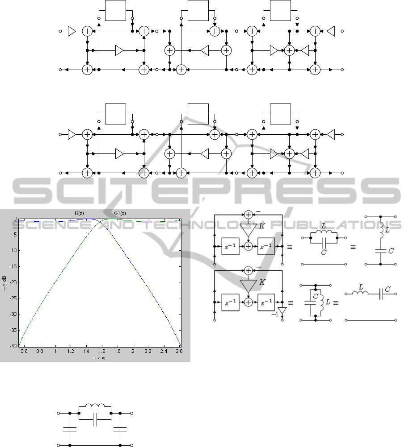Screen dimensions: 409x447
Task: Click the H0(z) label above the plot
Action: (x=78, y=213)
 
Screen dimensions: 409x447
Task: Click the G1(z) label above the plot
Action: (x=120, y=213)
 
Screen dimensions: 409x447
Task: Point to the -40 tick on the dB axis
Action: (x=13, y=346)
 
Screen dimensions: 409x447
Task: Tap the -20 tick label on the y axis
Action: (x=13, y=282)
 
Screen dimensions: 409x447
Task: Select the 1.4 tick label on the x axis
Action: (x=86, y=351)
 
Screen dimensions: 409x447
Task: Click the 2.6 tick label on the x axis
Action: (x=179, y=351)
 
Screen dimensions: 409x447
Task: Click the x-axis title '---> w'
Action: (x=99, y=358)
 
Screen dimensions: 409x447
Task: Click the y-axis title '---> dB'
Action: (x=4, y=283)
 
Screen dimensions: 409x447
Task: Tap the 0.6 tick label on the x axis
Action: (x=24, y=351)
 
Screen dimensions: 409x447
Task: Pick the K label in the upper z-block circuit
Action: (x=261, y=226)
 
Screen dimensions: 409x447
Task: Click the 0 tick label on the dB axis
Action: (x=16, y=219)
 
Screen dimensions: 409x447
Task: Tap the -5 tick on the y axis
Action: (x=15, y=235)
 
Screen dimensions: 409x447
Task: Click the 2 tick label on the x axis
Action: (x=133, y=351)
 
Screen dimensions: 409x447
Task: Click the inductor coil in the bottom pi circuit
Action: (x=95, y=406)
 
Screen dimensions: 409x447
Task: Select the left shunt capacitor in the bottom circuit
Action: (x=70, y=429)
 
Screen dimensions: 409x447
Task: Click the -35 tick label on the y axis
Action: (x=13, y=330)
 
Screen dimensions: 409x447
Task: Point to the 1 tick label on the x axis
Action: (x=55, y=351)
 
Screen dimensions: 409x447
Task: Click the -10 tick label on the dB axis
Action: (x=13, y=250)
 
